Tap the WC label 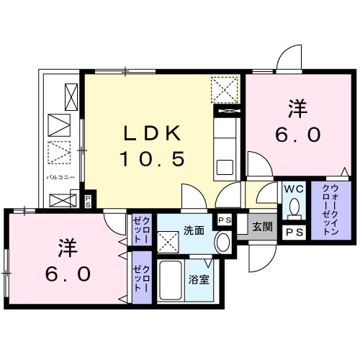coord(293,189)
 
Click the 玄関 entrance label coord(262,225)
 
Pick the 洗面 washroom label coord(192,231)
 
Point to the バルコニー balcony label coord(60,175)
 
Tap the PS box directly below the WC coord(294,233)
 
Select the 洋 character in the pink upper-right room coord(297,109)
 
